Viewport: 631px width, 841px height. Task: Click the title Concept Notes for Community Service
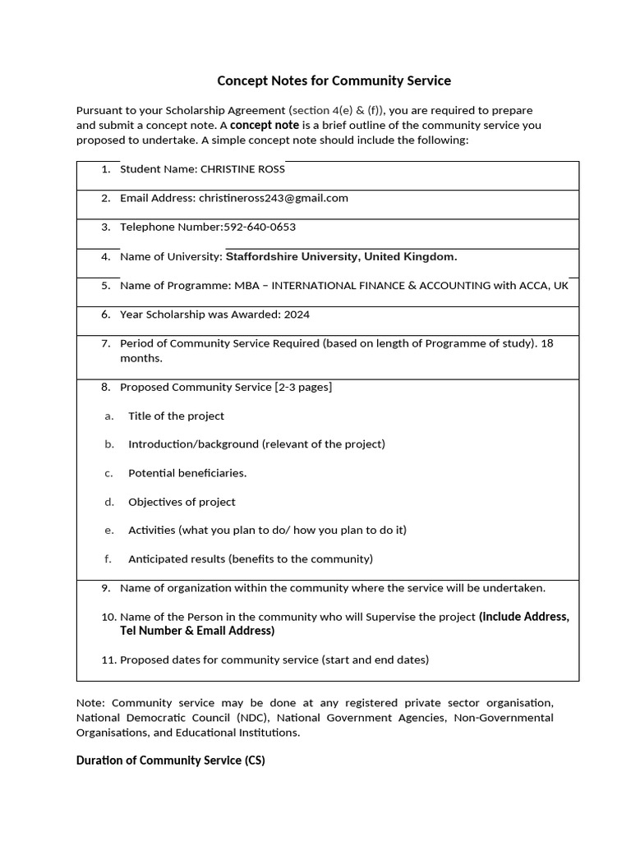(334, 80)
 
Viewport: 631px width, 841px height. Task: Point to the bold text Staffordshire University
(292, 256)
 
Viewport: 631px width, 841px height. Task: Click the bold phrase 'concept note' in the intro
(265, 126)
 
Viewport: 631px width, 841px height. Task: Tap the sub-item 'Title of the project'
(176, 416)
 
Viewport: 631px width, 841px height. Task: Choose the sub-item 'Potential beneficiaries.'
(187, 473)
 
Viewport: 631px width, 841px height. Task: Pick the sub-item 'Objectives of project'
(182, 502)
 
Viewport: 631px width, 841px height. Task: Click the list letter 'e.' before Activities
(108, 531)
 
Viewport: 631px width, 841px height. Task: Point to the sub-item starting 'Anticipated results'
(250, 559)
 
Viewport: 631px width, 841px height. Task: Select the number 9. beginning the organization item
(106, 588)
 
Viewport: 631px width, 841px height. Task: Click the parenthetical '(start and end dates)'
(375, 659)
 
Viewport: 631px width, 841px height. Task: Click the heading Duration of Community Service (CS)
(170, 761)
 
